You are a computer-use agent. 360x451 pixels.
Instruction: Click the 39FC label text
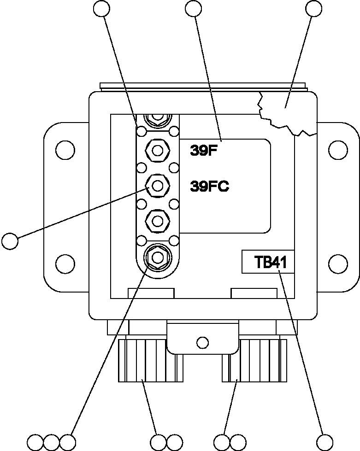(210, 187)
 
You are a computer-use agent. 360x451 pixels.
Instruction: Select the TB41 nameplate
(271, 263)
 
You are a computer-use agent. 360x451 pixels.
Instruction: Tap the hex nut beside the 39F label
(157, 150)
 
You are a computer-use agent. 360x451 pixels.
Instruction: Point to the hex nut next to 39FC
(157, 186)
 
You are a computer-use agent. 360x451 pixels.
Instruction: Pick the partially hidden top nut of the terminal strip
(157, 119)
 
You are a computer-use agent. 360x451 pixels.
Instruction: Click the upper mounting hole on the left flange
(65, 150)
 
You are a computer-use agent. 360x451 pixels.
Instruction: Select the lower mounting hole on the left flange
(65, 264)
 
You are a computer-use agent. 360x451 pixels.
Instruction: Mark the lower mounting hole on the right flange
(338, 264)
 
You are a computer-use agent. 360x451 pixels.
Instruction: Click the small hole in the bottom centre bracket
(202, 342)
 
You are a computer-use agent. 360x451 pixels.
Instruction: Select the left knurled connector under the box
(148, 361)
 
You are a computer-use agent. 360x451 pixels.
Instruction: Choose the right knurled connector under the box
(254, 361)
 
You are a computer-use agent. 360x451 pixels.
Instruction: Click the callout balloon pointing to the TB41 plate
(325, 441)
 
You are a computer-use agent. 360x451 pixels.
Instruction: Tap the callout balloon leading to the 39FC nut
(10, 241)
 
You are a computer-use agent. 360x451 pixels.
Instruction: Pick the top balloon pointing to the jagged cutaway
(314, 8)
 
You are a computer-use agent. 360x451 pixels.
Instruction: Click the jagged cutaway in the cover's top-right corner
(286, 111)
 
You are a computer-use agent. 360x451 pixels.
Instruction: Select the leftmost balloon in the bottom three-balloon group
(35, 441)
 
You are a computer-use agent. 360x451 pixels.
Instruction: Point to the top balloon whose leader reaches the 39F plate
(193, 8)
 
